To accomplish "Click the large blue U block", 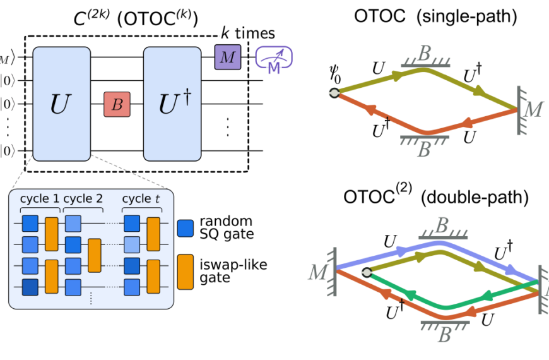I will click(x=60, y=104).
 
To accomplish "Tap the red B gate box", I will click(x=117, y=104).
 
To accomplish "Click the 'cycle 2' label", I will click(x=85, y=198).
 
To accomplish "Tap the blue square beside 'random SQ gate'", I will click(x=186, y=228).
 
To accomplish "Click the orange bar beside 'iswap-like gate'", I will click(x=186, y=271).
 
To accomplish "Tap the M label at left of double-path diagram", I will click(x=318, y=272).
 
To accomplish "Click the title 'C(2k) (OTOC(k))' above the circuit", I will click(x=135, y=17).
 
